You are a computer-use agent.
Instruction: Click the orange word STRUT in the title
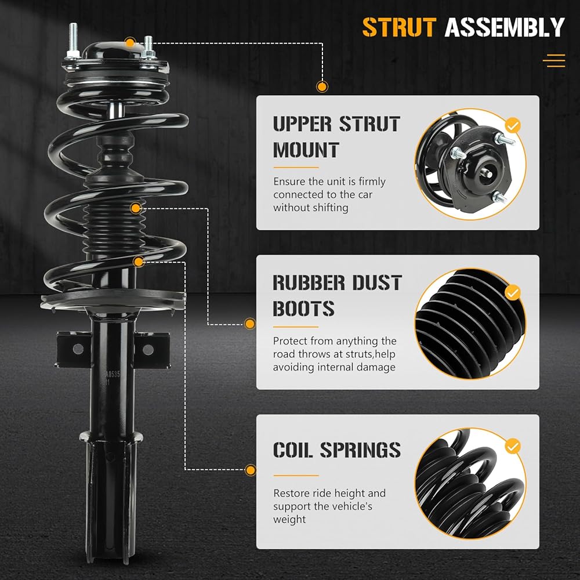click(x=399, y=27)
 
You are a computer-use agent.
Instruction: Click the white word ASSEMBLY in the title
click(x=505, y=27)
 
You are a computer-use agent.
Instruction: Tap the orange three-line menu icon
click(x=554, y=61)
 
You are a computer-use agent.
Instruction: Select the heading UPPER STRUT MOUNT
click(x=336, y=137)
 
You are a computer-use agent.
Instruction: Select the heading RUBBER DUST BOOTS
click(x=337, y=296)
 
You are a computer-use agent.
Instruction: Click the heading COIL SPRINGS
click(x=336, y=450)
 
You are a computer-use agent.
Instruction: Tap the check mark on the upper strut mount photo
click(x=512, y=126)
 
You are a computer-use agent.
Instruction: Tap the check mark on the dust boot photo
click(x=512, y=292)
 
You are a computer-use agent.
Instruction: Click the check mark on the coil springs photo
click(x=512, y=447)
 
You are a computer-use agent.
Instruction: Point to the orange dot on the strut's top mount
click(x=130, y=42)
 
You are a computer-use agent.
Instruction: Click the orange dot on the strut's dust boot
click(x=136, y=208)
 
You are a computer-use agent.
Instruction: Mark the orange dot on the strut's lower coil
click(x=139, y=262)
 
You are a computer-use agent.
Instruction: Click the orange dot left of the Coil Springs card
click(x=251, y=470)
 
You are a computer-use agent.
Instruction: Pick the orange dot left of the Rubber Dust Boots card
click(x=250, y=324)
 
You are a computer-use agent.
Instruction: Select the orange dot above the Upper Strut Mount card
click(x=322, y=86)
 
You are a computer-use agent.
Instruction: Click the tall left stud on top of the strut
click(x=73, y=40)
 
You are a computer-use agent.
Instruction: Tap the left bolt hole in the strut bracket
click(x=78, y=349)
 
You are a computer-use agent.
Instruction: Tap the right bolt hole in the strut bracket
click(x=148, y=349)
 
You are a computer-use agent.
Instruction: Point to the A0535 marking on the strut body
click(x=113, y=374)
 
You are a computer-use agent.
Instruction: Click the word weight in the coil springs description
click(x=289, y=520)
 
